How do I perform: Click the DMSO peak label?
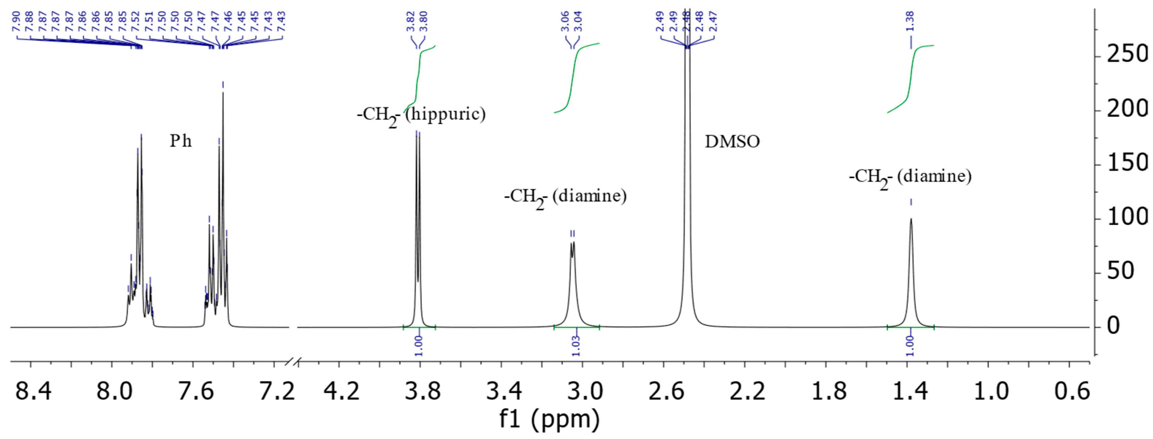tap(732, 142)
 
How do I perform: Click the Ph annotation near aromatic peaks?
tap(180, 141)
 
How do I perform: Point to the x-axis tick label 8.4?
tap(33, 391)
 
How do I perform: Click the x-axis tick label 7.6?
tap(195, 391)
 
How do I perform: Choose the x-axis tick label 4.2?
tap(342, 391)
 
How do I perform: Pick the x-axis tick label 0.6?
tap(1072, 391)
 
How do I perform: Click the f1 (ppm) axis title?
tap(549, 420)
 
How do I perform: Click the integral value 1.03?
tap(576, 346)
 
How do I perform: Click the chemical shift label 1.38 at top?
tap(910, 22)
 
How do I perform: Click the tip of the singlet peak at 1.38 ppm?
tap(911, 219)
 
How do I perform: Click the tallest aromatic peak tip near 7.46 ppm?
tap(223, 93)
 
